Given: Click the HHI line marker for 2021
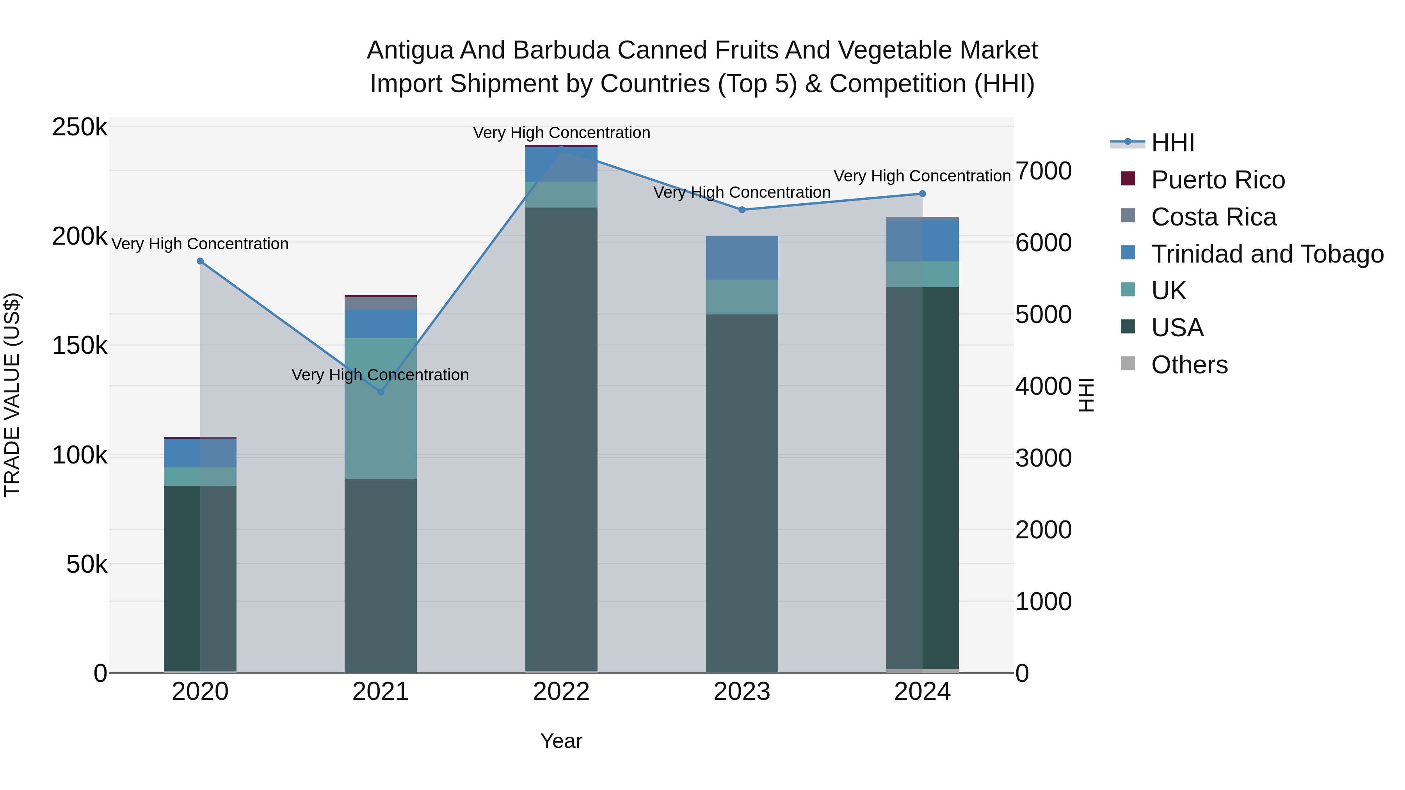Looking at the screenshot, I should pos(381,392).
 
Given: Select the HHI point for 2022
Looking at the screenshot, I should pos(561,148).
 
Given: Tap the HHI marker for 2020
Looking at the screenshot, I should pos(200,261).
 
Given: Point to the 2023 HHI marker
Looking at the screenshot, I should pos(742,210).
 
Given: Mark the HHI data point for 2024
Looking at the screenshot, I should pos(922,194).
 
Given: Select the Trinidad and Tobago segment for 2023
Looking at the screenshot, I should pos(742,258).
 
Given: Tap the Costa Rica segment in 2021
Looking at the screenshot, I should pos(381,304).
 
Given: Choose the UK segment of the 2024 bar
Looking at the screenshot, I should pos(922,274).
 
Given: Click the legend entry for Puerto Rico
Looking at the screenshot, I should pos(1218,180).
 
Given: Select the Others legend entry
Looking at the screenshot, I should pos(1189,365).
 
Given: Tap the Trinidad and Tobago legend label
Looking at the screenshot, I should pos(1267,254).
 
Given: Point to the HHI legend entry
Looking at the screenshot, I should pos(1173,143).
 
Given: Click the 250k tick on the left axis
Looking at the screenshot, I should pos(80,127).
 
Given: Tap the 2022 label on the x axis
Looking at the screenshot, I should pos(561,692).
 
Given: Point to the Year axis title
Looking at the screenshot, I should pos(561,741).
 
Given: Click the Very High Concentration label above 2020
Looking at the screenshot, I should pos(200,244).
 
